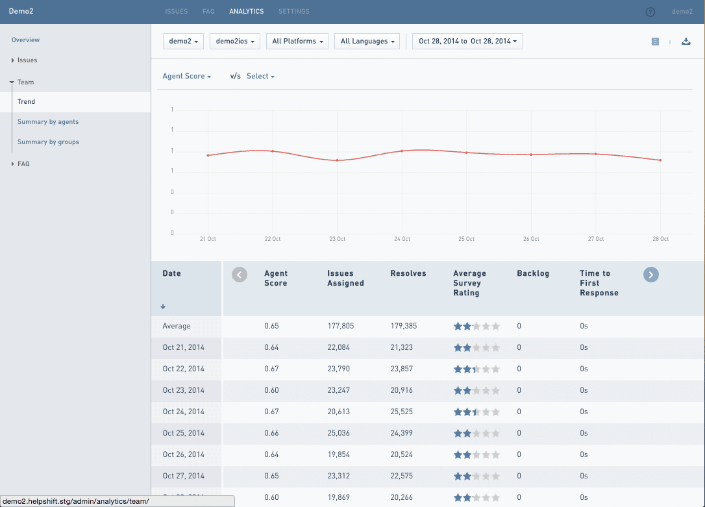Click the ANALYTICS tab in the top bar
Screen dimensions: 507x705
tap(246, 12)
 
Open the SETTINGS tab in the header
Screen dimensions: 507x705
tap(293, 12)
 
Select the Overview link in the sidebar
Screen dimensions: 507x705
tap(25, 40)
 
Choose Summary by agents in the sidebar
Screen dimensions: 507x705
tap(48, 122)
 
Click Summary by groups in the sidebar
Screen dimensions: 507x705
tap(48, 142)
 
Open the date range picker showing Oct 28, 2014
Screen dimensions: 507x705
tap(467, 42)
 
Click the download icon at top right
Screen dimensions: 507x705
tap(686, 42)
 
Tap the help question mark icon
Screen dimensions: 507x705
tap(650, 12)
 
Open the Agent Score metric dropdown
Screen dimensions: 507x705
tap(187, 77)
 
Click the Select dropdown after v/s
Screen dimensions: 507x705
tap(260, 77)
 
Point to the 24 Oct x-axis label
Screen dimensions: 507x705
tap(402, 240)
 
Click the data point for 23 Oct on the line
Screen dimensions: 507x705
tap(337, 160)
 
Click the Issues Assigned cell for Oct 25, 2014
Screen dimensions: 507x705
tap(338, 433)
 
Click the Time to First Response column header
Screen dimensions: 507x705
tap(599, 283)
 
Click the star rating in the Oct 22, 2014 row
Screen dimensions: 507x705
tap(476, 369)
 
